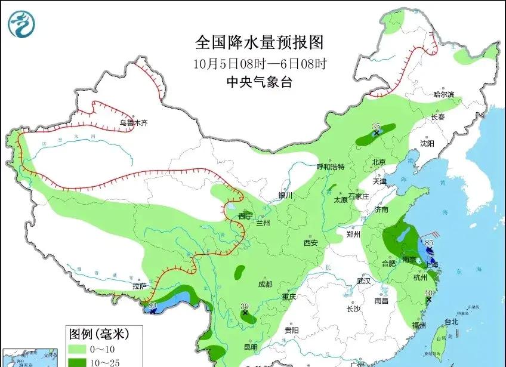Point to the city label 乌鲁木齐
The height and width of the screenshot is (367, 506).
(132, 123)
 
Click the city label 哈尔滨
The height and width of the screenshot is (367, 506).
(443, 94)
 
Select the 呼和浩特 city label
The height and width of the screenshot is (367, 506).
(330, 167)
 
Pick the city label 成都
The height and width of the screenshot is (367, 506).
(265, 284)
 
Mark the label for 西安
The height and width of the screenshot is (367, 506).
(310, 242)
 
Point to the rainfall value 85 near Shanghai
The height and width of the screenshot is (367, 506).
(428, 242)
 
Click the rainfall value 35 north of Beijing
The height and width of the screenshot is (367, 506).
(376, 127)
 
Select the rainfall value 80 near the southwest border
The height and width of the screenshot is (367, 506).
(152, 305)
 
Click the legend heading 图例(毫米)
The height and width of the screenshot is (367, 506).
(98, 333)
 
